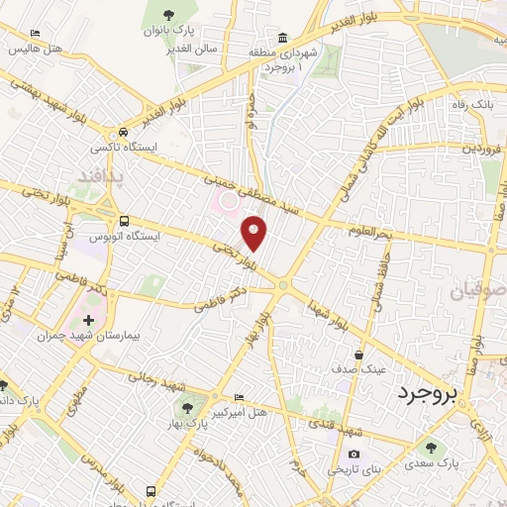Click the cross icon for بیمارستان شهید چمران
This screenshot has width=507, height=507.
[89, 320]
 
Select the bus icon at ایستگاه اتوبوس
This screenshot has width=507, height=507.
[124, 221]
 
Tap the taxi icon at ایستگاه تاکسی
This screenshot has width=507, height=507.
[123, 131]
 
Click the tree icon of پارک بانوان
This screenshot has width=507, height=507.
[162, 15]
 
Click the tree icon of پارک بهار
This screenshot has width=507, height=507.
[184, 408]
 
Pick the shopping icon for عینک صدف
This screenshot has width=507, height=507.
[357, 353]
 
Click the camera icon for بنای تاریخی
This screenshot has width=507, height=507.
[354, 455]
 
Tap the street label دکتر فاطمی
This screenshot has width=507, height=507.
[218, 300]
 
